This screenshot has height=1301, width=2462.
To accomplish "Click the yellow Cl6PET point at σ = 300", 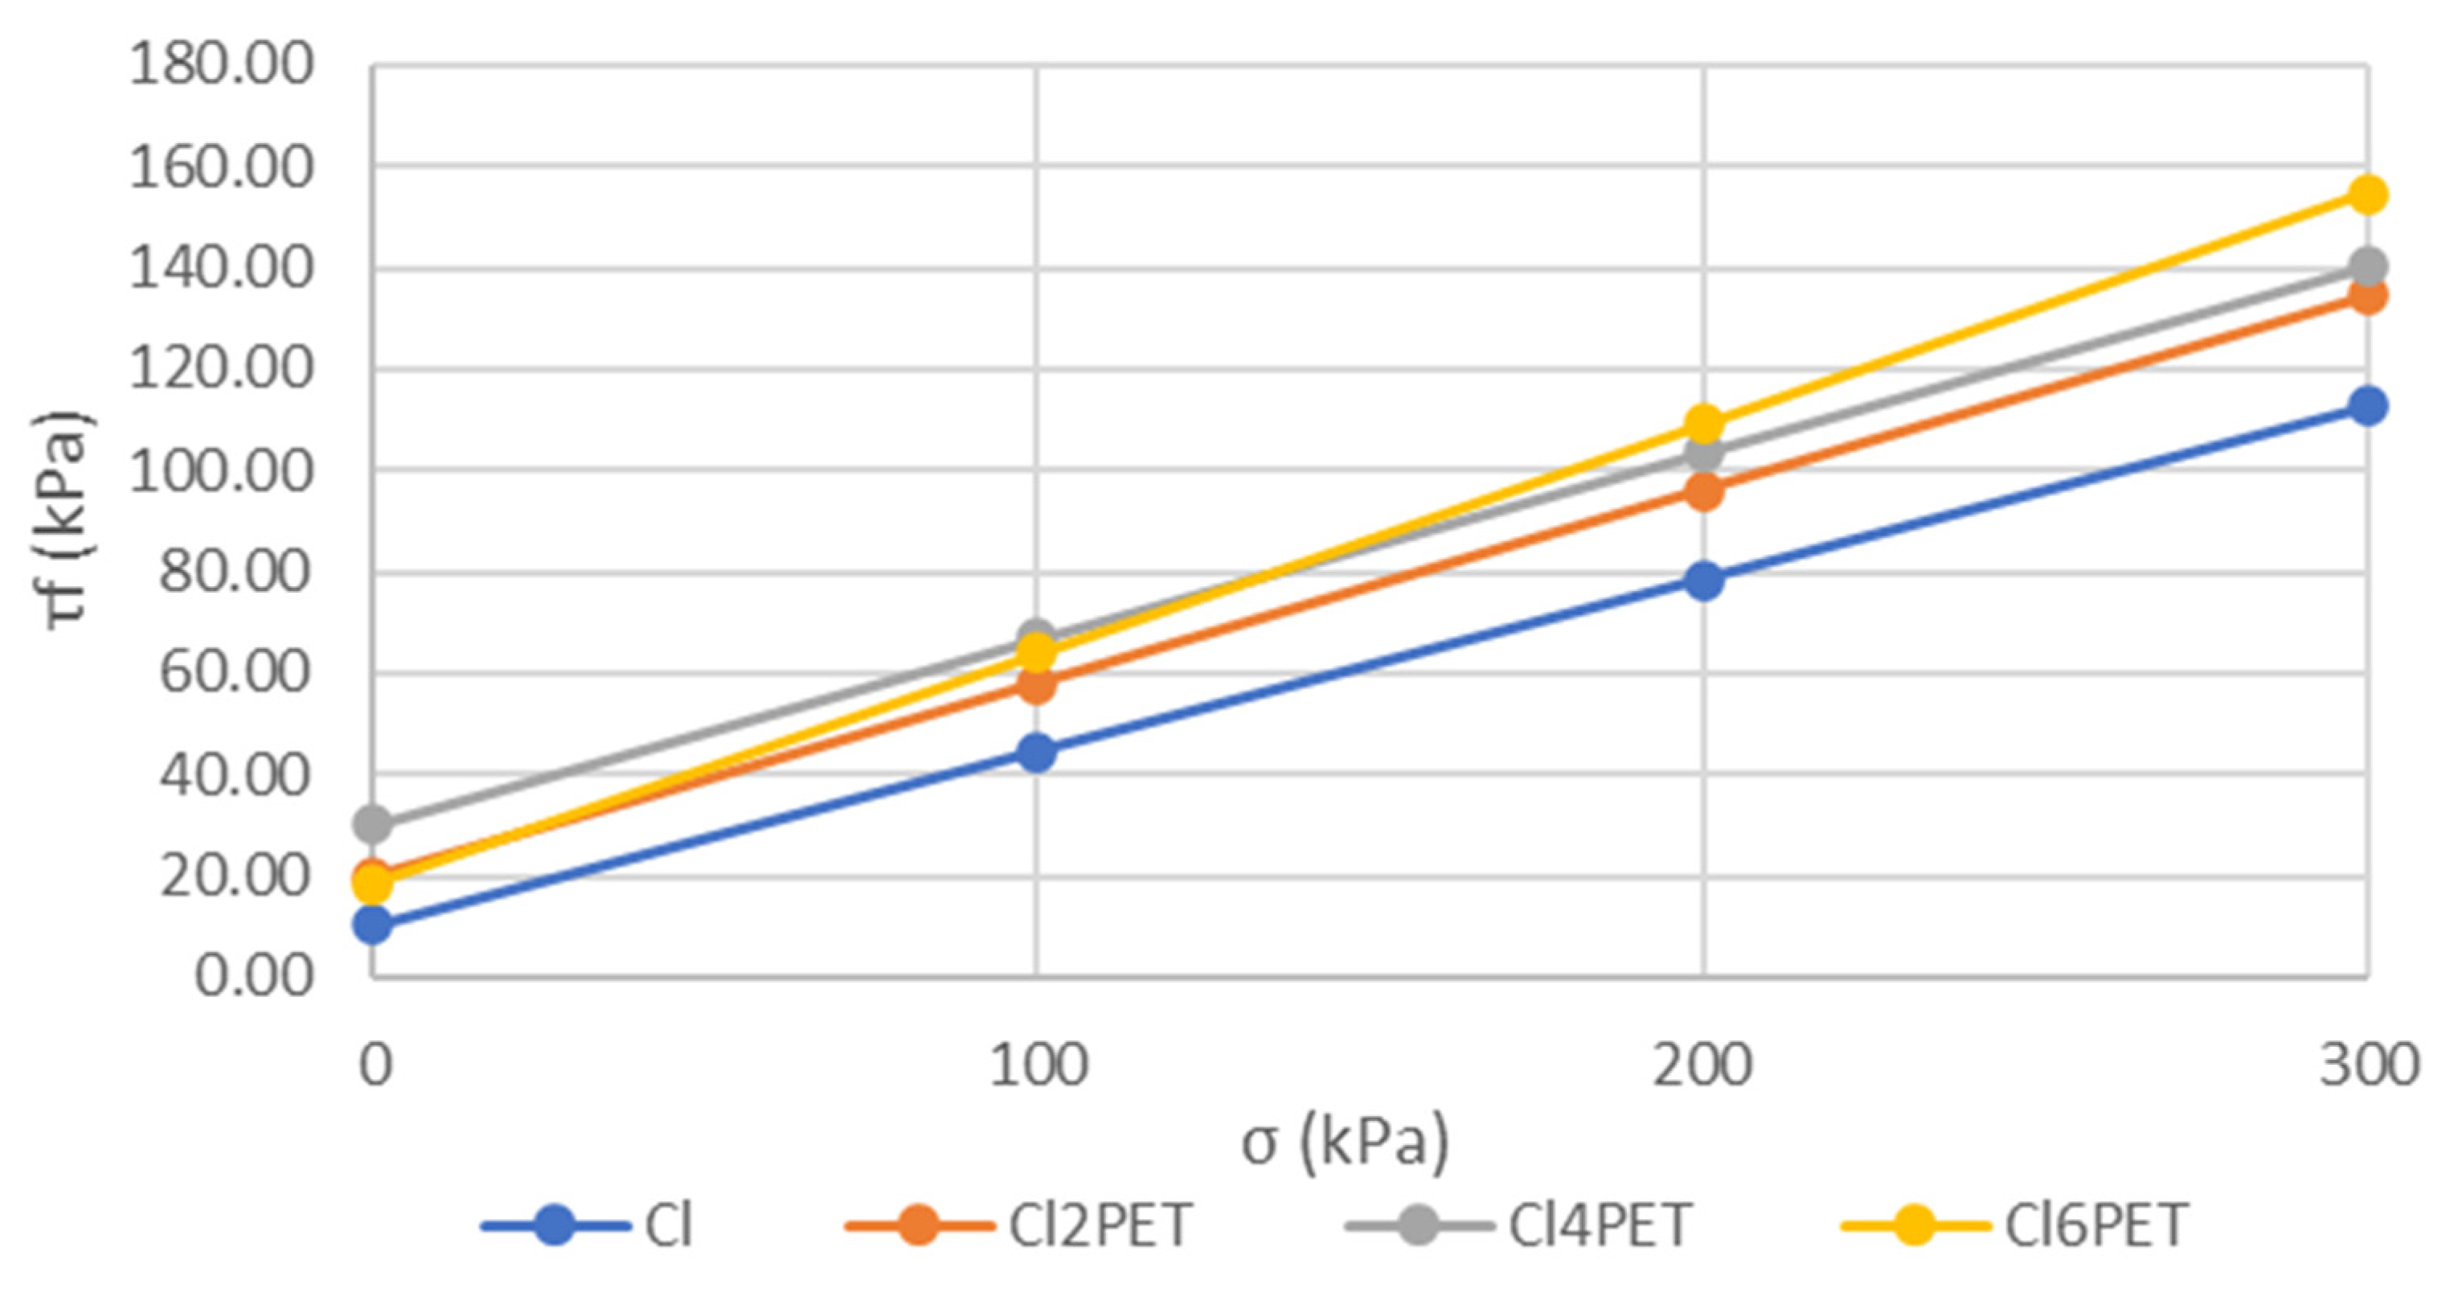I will tap(2366, 196).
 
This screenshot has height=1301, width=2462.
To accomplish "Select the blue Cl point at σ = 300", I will tap(2366, 406).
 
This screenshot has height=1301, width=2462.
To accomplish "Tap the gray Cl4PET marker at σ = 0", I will tap(373, 823).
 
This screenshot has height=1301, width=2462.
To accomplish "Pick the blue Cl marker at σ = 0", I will tap(373, 925).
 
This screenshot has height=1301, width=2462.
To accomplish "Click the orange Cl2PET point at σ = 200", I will tap(1703, 492).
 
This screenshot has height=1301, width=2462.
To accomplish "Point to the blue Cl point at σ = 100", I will tap(1037, 753).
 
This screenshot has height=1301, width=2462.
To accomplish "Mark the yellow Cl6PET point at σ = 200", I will tap(1703, 422).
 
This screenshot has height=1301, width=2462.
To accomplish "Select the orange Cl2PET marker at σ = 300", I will tap(2366, 295).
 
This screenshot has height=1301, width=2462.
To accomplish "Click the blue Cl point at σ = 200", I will tap(1703, 581).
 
